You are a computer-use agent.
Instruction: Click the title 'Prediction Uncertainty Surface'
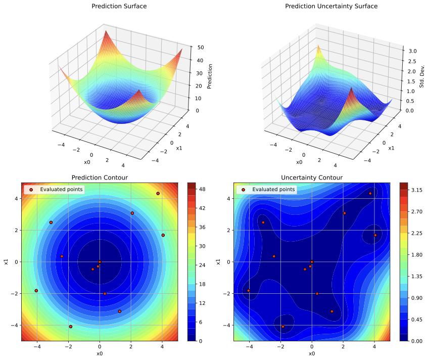331,7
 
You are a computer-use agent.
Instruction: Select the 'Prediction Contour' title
100,177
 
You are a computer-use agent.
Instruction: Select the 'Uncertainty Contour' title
312,177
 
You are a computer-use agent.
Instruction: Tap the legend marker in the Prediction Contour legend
31,190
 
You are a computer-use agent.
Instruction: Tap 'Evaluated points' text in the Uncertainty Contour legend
273,190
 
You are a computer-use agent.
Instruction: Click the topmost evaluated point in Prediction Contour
158,194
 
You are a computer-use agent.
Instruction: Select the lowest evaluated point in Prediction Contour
71,327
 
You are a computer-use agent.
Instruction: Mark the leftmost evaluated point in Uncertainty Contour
248,291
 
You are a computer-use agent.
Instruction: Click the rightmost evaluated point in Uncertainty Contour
375,235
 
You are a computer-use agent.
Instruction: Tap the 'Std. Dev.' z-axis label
422,75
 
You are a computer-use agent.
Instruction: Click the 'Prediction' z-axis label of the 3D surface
210,76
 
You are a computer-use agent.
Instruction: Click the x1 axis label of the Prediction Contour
6,262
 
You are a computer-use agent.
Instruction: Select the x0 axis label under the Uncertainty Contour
312,354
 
